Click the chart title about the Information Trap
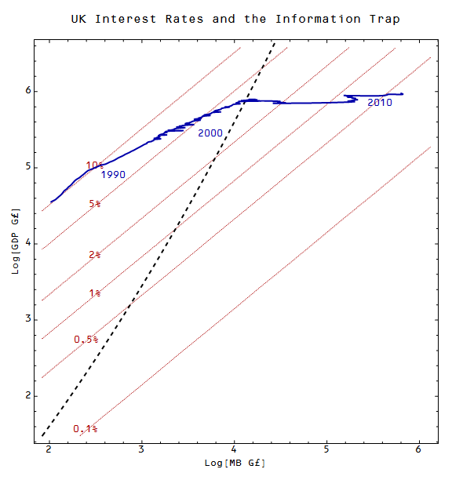(x=235, y=19)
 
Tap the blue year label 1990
(x=115, y=174)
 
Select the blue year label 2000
(x=210, y=133)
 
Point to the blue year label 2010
(x=380, y=102)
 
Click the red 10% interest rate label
(x=95, y=165)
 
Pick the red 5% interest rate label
(x=95, y=204)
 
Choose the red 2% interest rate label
(x=95, y=255)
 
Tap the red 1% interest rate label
(x=95, y=293)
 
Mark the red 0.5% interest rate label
(x=86, y=340)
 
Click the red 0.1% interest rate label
(x=86, y=429)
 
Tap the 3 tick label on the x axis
(x=141, y=449)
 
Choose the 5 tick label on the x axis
(x=326, y=449)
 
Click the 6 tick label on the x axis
(x=418, y=449)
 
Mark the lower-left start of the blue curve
(x=52, y=202)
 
